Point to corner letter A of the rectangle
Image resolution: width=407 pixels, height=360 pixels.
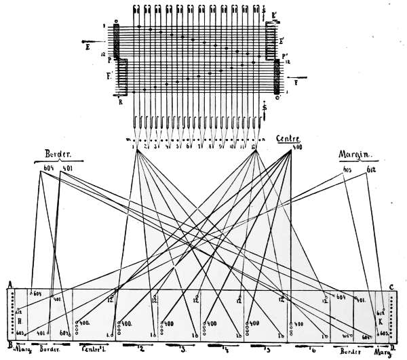[x=9, y=285]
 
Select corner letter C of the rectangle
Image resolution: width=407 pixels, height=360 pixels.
[x=393, y=285]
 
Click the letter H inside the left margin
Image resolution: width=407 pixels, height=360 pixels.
[x=20, y=321]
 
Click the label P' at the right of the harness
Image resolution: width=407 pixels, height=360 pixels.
[x=286, y=56]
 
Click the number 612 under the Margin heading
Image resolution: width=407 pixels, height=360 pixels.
[x=372, y=168]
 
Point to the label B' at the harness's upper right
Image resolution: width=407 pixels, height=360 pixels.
[x=273, y=15]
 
